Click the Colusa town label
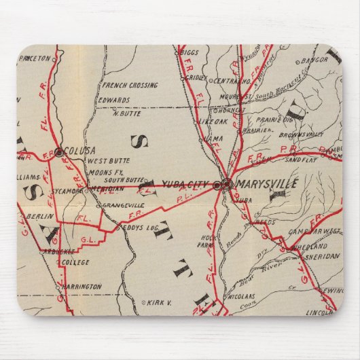pyautogui.click(x=81, y=150)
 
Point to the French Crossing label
pyautogui.click(x=130, y=86)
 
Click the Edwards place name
pyautogui.click(x=114, y=100)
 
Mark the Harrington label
pyautogui.click(x=81, y=287)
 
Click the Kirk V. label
pyautogui.click(x=158, y=302)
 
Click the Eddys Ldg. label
pyautogui.click(x=141, y=228)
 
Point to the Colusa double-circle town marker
pyautogui.click(x=58, y=152)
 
